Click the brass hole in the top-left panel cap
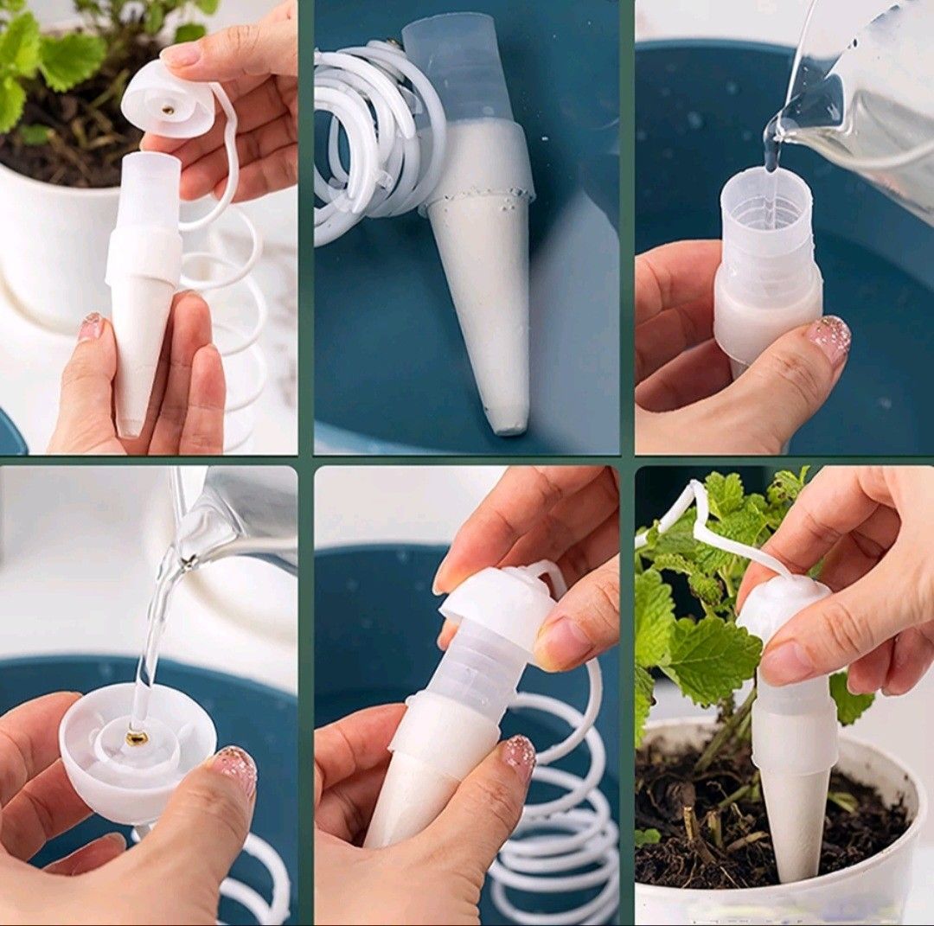[167, 110]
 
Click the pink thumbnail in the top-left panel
[92, 327]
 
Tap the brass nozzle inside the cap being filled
[137, 737]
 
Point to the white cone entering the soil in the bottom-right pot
[792, 821]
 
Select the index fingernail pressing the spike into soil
[787, 661]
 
